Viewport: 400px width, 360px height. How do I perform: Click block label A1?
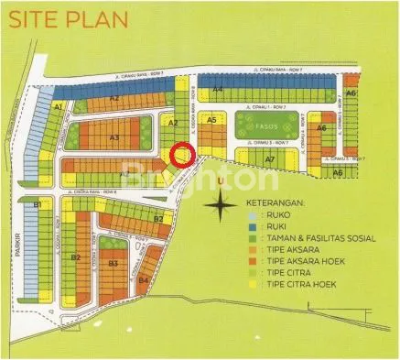58,108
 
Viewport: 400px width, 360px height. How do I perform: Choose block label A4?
218,89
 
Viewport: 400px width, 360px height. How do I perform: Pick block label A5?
211,119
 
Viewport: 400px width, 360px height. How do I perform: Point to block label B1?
38,204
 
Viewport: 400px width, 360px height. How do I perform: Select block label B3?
113,263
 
